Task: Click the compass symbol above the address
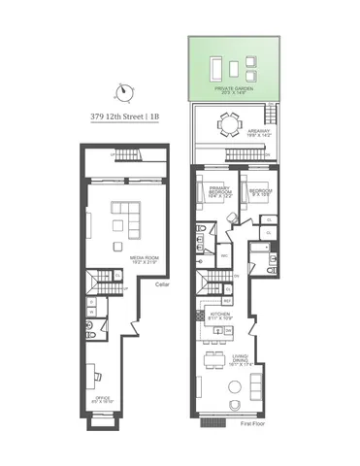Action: [x=122, y=93]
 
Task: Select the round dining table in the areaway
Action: [x=230, y=124]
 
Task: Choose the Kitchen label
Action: [x=217, y=316]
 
